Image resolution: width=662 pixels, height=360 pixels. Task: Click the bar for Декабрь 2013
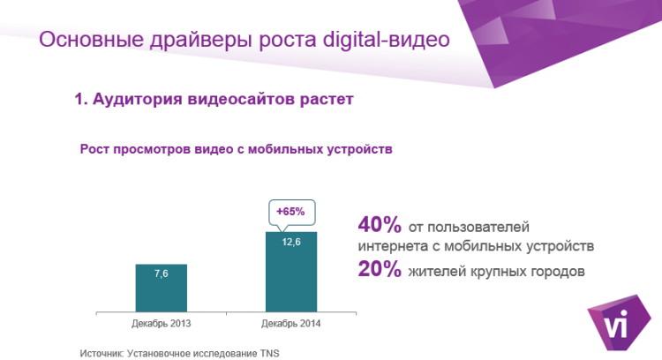tap(161, 289)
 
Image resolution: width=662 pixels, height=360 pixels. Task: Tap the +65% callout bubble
tap(290, 212)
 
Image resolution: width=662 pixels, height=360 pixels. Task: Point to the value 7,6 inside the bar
tap(161, 274)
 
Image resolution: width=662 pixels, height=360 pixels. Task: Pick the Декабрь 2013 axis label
tap(161, 324)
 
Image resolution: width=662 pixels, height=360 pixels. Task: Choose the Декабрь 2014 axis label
tap(290, 324)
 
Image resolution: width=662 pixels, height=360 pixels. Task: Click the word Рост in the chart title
tap(94, 149)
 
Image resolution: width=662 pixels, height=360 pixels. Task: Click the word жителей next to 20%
tap(434, 272)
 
